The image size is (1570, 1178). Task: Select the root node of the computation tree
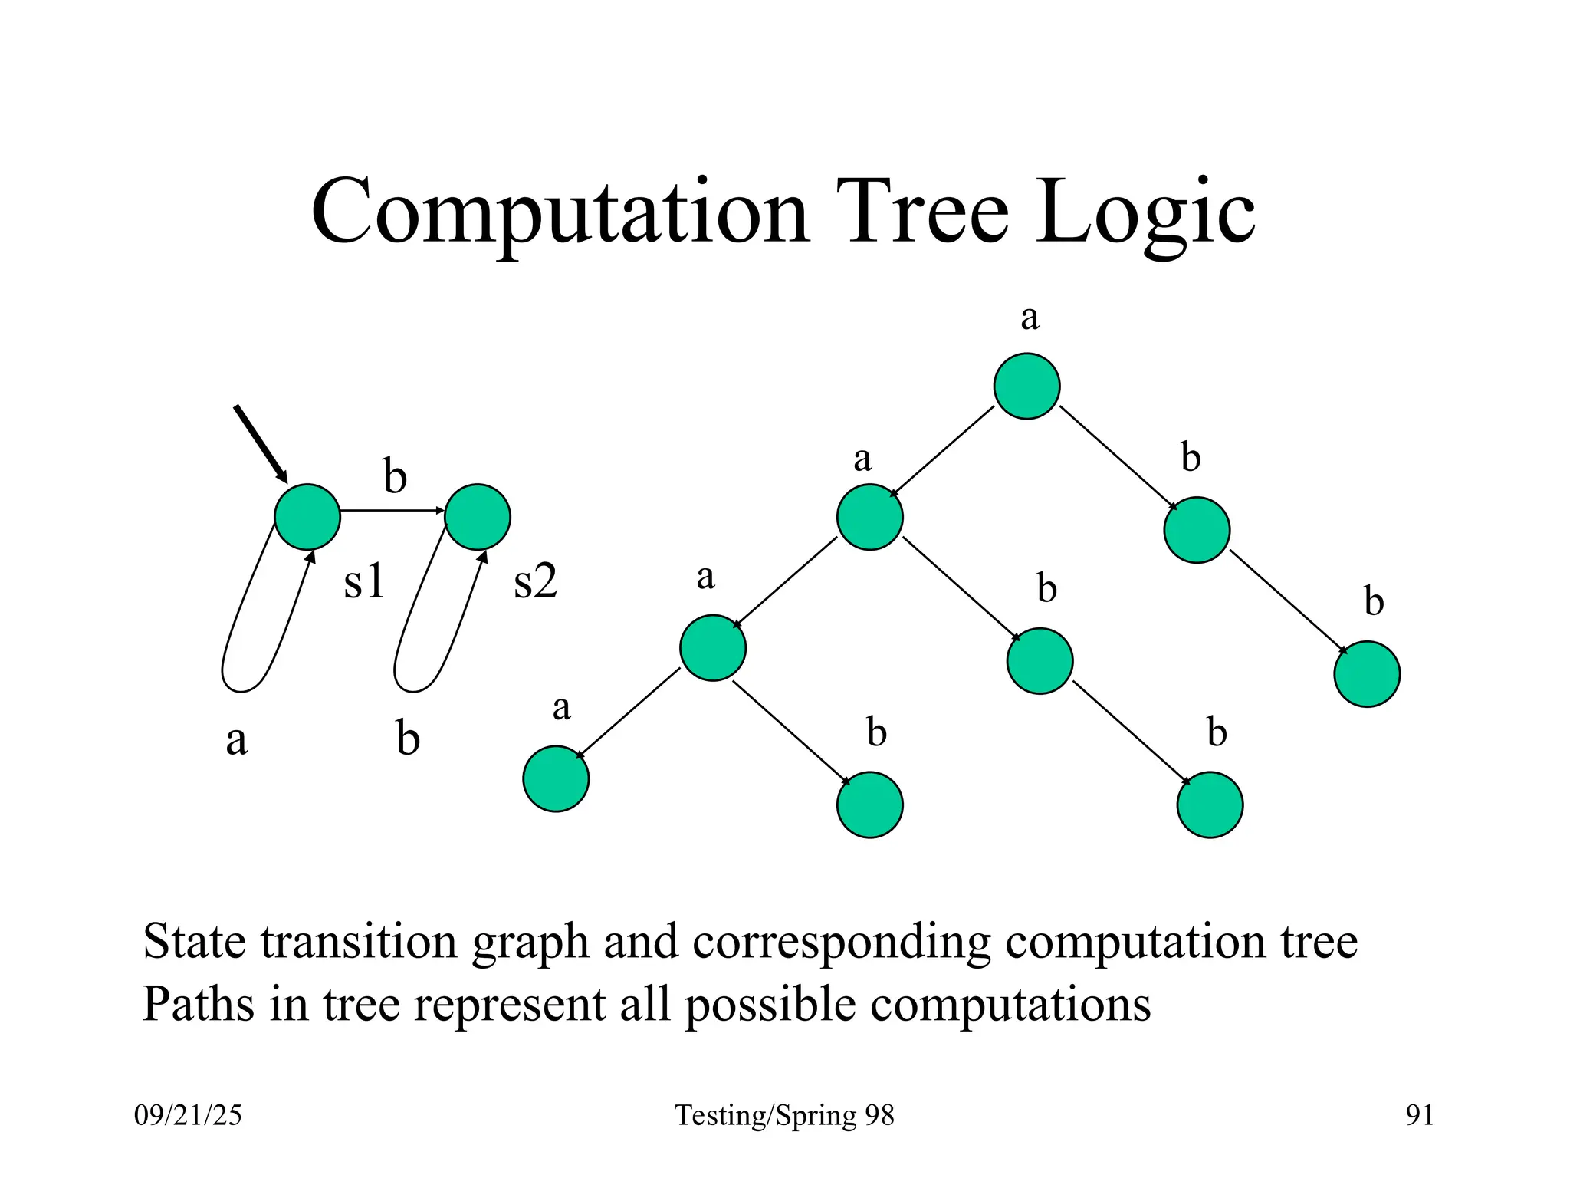[1026, 386]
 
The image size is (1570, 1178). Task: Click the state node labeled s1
[307, 517]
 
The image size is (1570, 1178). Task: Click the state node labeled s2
[478, 517]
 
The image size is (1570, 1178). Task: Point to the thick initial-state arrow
[260, 443]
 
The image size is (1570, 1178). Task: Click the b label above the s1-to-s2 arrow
[395, 477]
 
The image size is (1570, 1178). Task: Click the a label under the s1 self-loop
[237, 740]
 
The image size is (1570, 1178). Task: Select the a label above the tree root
[1030, 317]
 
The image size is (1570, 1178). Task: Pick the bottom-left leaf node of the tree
[556, 778]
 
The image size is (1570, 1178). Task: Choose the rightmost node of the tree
[1367, 674]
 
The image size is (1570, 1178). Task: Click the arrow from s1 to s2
[391, 510]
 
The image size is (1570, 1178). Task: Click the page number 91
[1419, 1114]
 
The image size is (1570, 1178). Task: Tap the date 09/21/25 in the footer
[188, 1114]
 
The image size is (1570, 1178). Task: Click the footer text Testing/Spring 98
[784, 1115]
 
